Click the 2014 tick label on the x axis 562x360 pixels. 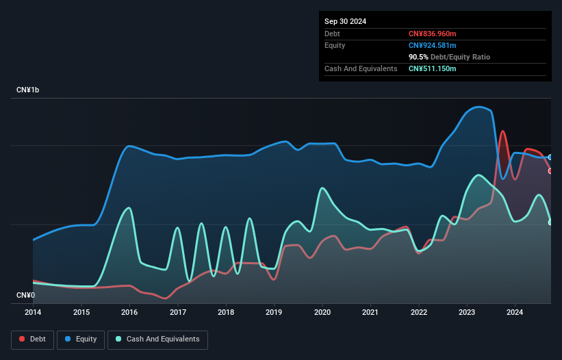(33, 313)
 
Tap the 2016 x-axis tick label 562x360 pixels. (129, 313)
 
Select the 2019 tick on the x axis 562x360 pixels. (274, 313)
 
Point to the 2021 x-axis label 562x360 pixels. (370, 313)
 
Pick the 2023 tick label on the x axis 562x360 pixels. (467, 313)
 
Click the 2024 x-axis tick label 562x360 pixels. (515, 313)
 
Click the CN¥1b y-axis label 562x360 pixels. (28, 90)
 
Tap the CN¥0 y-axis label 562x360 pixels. (25, 296)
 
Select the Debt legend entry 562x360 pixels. (32, 339)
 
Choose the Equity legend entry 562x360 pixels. (81, 339)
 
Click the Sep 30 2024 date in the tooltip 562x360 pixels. (345, 21)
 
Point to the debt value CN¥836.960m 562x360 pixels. (432, 34)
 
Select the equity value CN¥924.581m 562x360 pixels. (432, 45)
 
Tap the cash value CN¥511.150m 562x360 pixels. (432, 68)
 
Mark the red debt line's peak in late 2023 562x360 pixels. (503, 131)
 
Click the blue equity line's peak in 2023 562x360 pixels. (479, 107)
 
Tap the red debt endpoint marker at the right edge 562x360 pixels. (550, 170)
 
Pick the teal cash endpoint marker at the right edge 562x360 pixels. (550, 222)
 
